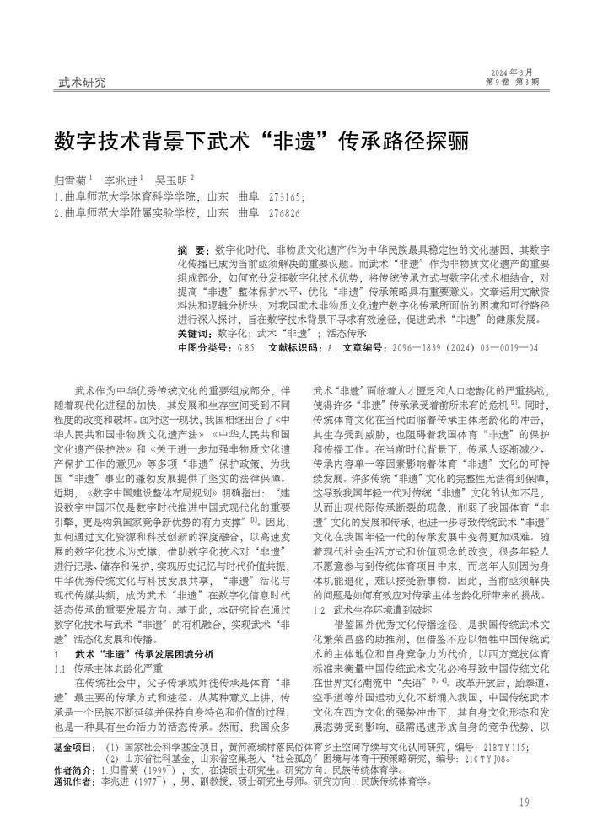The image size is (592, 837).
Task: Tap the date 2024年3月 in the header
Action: [x=514, y=72]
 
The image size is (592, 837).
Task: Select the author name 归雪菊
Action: [x=69, y=180]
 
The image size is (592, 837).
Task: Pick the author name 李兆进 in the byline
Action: [x=120, y=180]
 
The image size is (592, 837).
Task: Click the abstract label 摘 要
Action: [x=192, y=251]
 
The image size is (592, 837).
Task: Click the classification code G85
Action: [x=245, y=346]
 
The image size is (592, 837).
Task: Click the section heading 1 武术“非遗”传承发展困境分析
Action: [x=133, y=630]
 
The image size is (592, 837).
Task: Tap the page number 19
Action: [x=525, y=802]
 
